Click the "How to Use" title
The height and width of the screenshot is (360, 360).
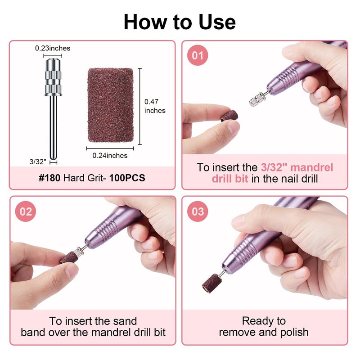click(180, 22)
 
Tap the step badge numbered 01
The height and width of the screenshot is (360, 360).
click(198, 55)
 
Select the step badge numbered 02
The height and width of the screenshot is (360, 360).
click(26, 211)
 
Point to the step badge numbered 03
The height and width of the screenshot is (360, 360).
click(198, 211)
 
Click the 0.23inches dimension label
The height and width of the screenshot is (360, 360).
click(53, 48)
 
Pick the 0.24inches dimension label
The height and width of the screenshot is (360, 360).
click(110, 155)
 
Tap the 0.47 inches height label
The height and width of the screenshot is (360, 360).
click(155, 106)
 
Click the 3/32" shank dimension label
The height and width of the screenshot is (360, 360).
click(38, 162)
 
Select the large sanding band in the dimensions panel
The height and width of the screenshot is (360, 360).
click(110, 105)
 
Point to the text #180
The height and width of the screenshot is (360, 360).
click(49, 178)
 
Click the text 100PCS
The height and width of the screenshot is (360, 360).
click(127, 178)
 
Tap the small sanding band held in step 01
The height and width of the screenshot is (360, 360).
click(229, 116)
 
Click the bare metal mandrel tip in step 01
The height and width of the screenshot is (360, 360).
click(257, 99)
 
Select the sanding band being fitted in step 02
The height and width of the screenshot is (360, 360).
click(69, 257)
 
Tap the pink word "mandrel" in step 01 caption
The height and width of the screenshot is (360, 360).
click(311, 167)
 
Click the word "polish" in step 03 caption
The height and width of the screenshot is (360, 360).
click(295, 333)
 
